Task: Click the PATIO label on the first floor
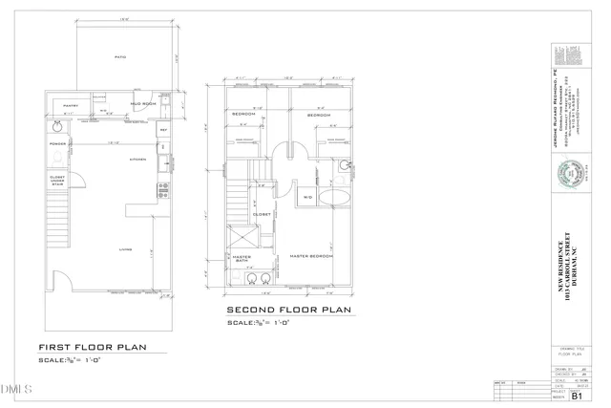(x=120, y=57)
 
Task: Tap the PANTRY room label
(x=71, y=105)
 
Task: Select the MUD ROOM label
(x=143, y=103)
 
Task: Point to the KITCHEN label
(x=137, y=160)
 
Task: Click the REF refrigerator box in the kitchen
(x=163, y=129)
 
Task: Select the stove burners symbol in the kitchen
(x=163, y=189)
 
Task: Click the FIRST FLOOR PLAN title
(x=92, y=347)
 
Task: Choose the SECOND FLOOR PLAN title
(x=288, y=310)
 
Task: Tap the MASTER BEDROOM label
(x=311, y=256)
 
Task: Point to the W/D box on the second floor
(x=307, y=197)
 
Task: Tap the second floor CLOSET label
(x=261, y=214)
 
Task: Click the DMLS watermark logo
(x=17, y=389)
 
